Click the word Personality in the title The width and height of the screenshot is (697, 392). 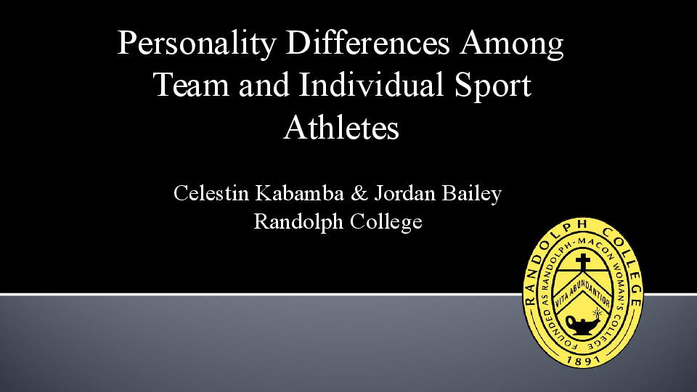pos(197,44)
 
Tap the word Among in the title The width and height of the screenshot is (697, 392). pos(512,44)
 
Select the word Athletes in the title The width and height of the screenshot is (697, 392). pos(341,128)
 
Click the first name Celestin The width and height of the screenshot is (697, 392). pos(211,194)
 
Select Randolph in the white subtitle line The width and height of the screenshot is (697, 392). pos(298,221)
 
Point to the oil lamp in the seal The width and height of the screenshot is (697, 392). pos(581,322)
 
